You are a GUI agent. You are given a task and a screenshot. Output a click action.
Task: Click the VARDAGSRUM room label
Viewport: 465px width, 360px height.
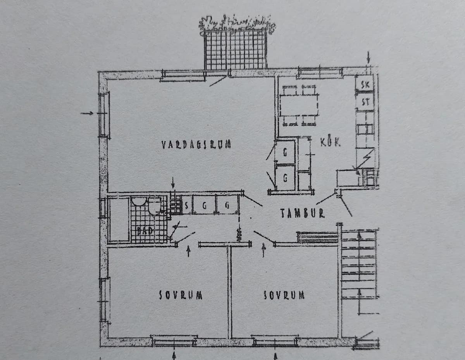click(x=196, y=145)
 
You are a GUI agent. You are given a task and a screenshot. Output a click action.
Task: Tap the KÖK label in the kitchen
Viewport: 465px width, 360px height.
click(x=331, y=142)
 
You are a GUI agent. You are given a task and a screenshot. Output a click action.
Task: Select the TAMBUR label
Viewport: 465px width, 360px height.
click(x=302, y=213)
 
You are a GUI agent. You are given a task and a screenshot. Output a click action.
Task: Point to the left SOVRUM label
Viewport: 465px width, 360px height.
click(x=181, y=295)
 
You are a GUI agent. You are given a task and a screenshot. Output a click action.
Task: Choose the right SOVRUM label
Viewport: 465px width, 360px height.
click(x=283, y=295)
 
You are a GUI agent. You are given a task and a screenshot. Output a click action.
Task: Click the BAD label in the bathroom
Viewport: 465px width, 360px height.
click(x=145, y=231)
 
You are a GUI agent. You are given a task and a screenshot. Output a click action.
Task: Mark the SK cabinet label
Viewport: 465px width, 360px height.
click(x=365, y=85)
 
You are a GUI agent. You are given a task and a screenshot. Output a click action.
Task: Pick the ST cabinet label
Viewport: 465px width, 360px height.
click(x=365, y=102)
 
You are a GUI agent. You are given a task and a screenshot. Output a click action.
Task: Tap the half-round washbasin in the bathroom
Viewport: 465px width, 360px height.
click(x=138, y=201)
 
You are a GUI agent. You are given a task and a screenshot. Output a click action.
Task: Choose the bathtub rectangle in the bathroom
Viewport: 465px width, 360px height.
click(x=119, y=220)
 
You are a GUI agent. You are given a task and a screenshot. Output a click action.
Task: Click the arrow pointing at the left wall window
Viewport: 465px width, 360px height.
click(x=87, y=113)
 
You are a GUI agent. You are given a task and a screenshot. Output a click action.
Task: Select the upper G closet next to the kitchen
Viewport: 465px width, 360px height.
click(x=285, y=153)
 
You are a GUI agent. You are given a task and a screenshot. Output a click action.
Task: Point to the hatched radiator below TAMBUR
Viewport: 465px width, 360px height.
click(x=317, y=237)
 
